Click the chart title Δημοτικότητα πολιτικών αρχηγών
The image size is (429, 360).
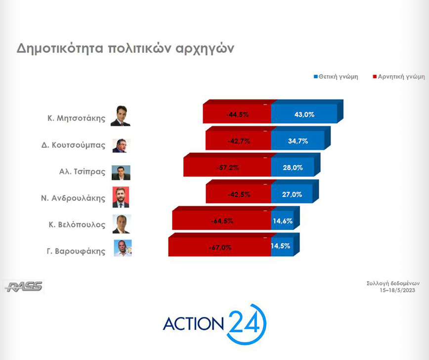click(x=126, y=49)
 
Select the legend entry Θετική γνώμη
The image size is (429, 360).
click(x=336, y=77)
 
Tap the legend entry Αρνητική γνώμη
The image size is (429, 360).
click(x=399, y=77)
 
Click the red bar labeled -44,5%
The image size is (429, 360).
click(x=237, y=114)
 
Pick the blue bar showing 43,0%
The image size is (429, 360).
click(x=304, y=114)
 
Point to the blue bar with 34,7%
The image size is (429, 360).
click(x=298, y=140)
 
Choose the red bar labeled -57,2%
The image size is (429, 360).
click(x=227, y=167)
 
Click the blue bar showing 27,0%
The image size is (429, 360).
click(x=292, y=193)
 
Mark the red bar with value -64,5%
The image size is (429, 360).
click(x=221, y=220)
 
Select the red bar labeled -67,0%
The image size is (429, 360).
click(x=220, y=246)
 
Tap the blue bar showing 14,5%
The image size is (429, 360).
click(x=282, y=246)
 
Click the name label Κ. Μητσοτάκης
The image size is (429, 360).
click(x=76, y=118)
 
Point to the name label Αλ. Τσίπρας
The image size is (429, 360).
click(x=82, y=172)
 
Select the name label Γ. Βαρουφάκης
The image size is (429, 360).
click(x=76, y=251)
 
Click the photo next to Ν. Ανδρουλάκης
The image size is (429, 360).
click(x=121, y=197)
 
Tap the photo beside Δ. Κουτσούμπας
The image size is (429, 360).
click(x=121, y=146)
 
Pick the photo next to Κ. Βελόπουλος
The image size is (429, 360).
click(x=122, y=224)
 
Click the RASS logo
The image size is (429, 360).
click(x=24, y=287)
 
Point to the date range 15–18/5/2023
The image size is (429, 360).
click(x=397, y=290)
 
